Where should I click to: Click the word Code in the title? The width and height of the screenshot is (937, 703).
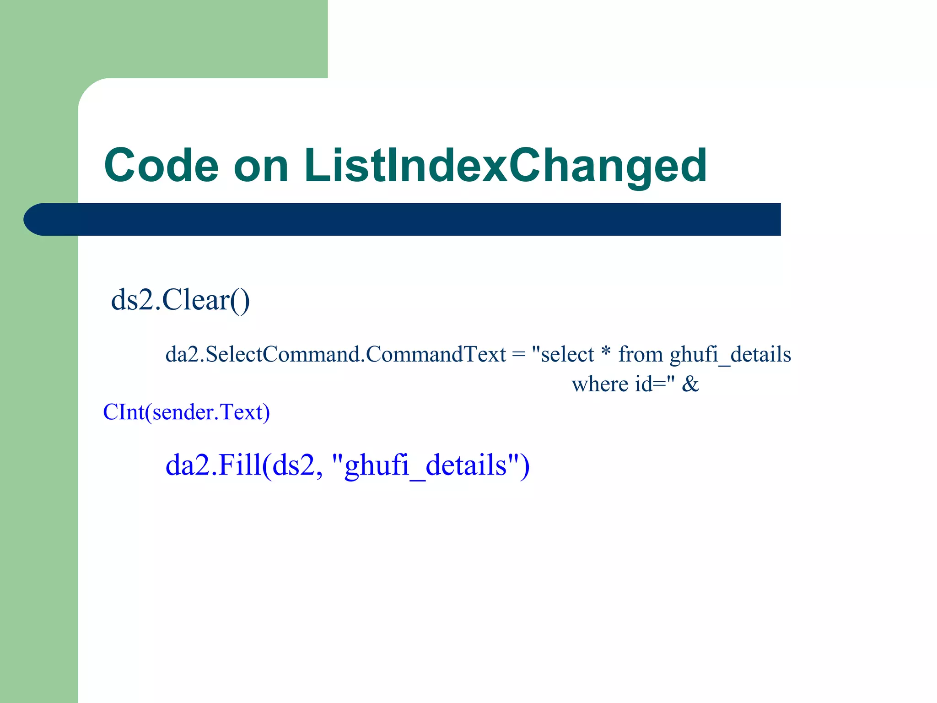click(x=162, y=166)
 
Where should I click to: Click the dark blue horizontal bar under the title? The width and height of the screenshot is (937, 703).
click(x=412, y=219)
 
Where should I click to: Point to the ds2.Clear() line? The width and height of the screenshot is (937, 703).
click(x=180, y=301)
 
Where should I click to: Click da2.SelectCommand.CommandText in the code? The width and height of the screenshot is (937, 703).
click(x=335, y=355)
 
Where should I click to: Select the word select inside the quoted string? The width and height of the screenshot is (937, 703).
click(x=567, y=355)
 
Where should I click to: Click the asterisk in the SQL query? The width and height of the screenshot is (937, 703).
click(x=606, y=352)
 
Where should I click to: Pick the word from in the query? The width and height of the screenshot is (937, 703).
click(x=641, y=355)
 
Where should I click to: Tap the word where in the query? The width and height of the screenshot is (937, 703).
click(x=599, y=384)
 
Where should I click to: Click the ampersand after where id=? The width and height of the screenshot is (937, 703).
click(x=690, y=384)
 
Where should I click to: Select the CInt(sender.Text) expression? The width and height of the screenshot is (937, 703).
click(x=187, y=412)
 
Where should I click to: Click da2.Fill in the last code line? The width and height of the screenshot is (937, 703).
click(x=213, y=465)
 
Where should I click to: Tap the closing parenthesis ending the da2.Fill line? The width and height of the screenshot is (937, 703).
click(x=525, y=466)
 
